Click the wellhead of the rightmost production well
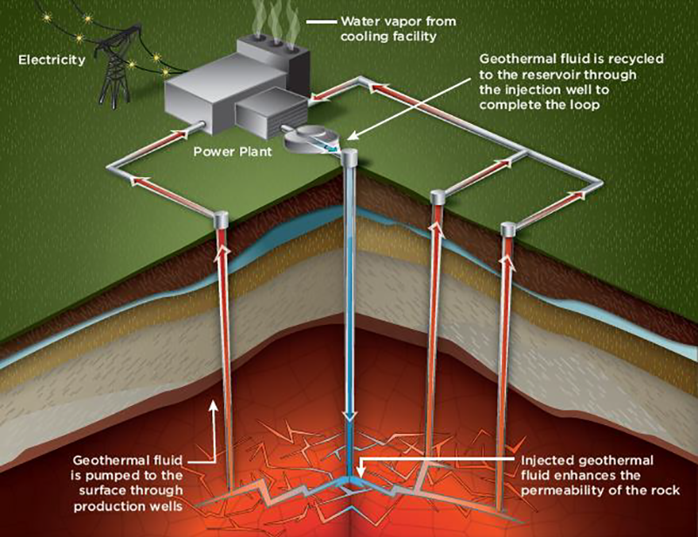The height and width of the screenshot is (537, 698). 509,230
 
